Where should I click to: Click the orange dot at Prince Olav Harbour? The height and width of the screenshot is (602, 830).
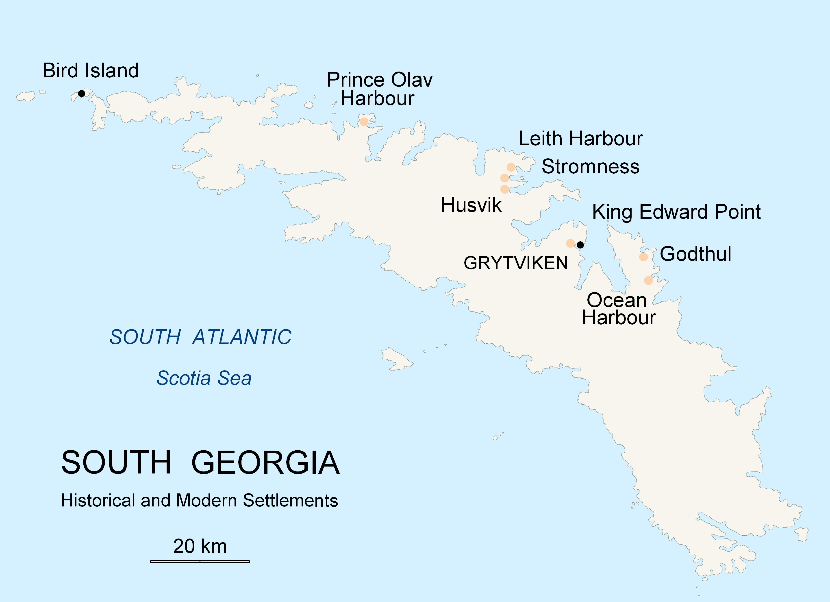pyautogui.click(x=363, y=122)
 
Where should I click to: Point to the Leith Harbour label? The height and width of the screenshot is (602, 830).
pyautogui.click(x=580, y=139)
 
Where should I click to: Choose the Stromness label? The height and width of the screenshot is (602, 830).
pyautogui.click(x=590, y=167)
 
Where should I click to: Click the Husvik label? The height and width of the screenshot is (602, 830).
pyautogui.click(x=471, y=205)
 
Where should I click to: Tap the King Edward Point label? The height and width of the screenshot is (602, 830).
pyautogui.click(x=676, y=212)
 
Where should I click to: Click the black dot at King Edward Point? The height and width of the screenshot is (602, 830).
pyautogui.click(x=580, y=245)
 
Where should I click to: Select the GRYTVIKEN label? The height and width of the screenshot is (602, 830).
pyautogui.click(x=516, y=263)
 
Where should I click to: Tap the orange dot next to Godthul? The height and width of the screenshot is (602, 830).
pyautogui.click(x=643, y=257)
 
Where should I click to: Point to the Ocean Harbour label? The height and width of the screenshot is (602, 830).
pyautogui.click(x=619, y=309)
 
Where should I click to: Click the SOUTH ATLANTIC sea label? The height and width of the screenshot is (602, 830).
pyautogui.click(x=200, y=337)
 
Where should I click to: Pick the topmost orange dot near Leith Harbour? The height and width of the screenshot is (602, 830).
pyautogui.click(x=511, y=167)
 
